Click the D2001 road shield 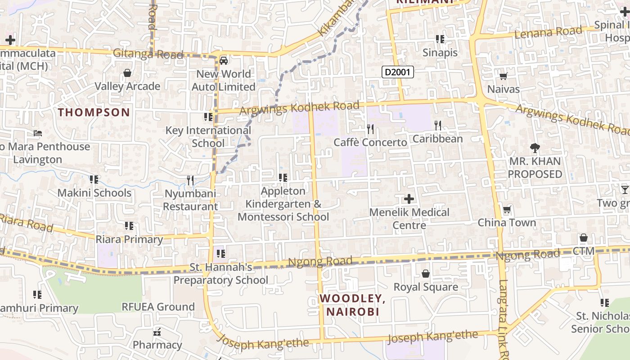click(x=398, y=72)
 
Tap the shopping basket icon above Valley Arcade click(x=127, y=73)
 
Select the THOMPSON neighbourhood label click(x=94, y=112)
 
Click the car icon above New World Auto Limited click(x=223, y=61)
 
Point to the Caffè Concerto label click(x=370, y=143)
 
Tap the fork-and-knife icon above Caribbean click(x=438, y=125)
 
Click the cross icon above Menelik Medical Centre click(x=409, y=198)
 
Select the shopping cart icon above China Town click(x=507, y=209)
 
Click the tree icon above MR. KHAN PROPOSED click(x=535, y=148)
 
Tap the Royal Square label click(x=426, y=287)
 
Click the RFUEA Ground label click(x=158, y=307)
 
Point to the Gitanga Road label click(x=148, y=54)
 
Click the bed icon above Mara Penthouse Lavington click(x=38, y=133)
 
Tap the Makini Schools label click(x=94, y=193)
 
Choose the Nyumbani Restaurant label click(x=190, y=200)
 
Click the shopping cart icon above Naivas click(x=504, y=76)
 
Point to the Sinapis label click(x=440, y=53)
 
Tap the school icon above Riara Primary click(x=129, y=226)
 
